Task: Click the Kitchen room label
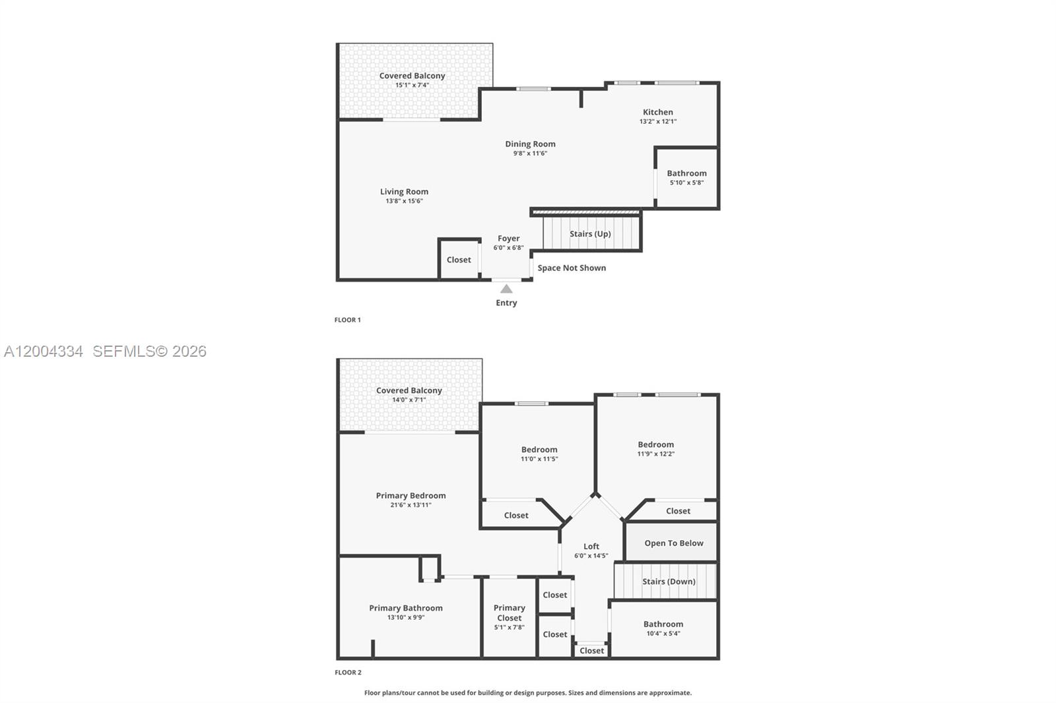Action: (x=657, y=112)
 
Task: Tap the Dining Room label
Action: (x=531, y=144)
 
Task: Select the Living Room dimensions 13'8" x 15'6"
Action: (x=404, y=201)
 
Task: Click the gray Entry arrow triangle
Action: (x=506, y=288)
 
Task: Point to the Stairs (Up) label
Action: (x=590, y=233)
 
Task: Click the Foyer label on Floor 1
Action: (x=509, y=239)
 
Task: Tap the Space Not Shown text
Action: (x=572, y=268)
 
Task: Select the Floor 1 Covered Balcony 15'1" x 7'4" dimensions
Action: (x=412, y=85)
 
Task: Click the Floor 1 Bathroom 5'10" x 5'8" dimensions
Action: (x=687, y=183)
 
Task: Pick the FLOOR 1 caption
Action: (x=347, y=320)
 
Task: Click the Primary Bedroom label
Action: (x=411, y=496)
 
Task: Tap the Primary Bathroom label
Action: (x=406, y=608)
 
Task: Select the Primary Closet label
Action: (x=509, y=613)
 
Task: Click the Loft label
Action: (x=591, y=547)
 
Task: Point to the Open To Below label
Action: (x=674, y=543)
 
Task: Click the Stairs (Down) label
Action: (x=669, y=582)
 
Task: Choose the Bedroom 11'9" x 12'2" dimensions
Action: (x=656, y=454)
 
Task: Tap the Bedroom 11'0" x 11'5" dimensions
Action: (x=539, y=459)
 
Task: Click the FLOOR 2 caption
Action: (x=348, y=673)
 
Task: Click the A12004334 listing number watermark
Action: (x=44, y=351)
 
